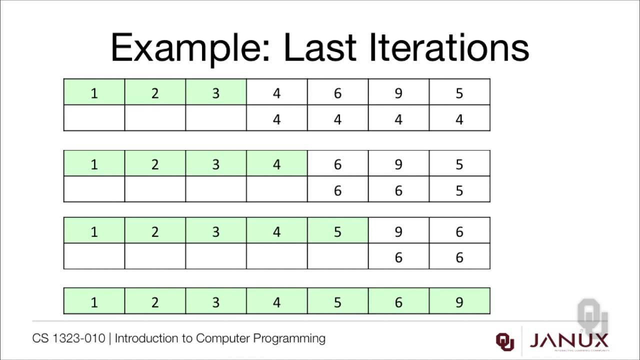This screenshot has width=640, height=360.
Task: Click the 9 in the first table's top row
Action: tap(398, 93)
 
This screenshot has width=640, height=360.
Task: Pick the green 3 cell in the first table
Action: tap(216, 93)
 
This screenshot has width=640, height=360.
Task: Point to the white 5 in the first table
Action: tap(459, 93)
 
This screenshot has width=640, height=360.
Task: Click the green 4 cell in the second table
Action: tap(277, 164)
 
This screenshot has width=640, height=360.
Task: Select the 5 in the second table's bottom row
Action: tap(459, 190)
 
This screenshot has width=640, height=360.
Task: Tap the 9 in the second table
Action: tap(398, 164)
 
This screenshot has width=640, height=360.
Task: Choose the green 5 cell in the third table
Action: tap(337, 231)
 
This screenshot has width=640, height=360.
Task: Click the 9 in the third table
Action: tap(398, 231)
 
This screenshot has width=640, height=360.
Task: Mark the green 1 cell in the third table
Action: tap(94, 231)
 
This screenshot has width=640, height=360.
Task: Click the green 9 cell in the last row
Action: tap(459, 301)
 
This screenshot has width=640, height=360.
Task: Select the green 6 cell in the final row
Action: tap(398, 301)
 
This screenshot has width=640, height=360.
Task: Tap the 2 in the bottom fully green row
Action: tap(155, 301)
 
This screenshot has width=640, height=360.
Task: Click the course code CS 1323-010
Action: tap(68, 338)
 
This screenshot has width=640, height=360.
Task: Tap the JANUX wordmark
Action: tap(569, 341)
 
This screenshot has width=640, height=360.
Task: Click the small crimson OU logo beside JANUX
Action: tap(505, 341)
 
